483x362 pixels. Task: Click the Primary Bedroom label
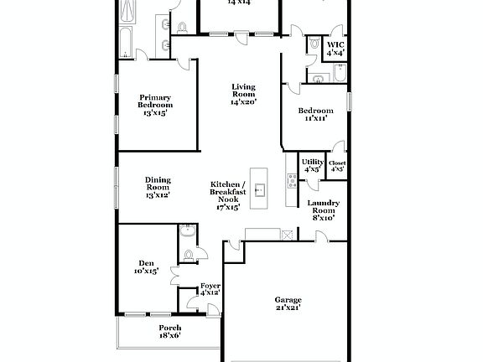click(155, 106)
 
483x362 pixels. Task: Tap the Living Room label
click(243, 94)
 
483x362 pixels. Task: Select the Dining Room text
click(158, 187)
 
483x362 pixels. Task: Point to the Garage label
click(288, 303)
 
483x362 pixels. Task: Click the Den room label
click(147, 266)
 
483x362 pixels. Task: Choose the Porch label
click(170, 331)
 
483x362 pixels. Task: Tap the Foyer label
click(210, 289)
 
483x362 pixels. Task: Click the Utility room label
click(313, 164)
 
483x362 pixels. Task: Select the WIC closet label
click(335, 48)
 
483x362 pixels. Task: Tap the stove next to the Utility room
click(291, 180)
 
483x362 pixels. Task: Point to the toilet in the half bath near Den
click(189, 253)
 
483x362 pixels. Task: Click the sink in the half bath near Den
click(187, 231)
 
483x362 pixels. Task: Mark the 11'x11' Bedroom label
click(315, 115)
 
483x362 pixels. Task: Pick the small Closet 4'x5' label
click(337, 166)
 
